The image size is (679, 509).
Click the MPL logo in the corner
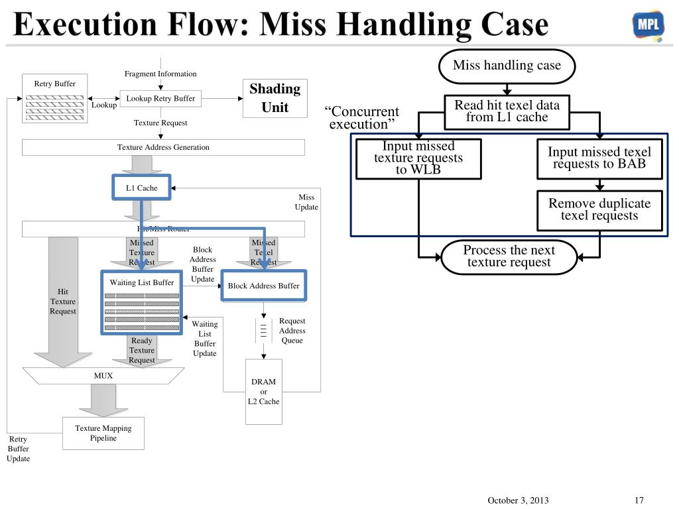[x=648, y=26]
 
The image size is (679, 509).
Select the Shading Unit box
[x=275, y=98]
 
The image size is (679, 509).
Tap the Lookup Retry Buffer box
[x=160, y=99]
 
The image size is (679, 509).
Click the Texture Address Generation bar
[x=163, y=147]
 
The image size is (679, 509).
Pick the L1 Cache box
[x=142, y=188]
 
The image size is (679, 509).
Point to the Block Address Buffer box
[x=263, y=286]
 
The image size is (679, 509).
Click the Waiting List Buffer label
[x=142, y=283]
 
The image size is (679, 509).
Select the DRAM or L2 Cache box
[x=263, y=392]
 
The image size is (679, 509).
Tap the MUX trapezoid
[x=103, y=376]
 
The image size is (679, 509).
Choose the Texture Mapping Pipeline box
[x=103, y=433]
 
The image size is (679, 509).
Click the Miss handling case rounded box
[x=507, y=66]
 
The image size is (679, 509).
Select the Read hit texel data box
[x=507, y=111]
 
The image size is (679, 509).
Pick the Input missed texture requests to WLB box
[x=418, y=158]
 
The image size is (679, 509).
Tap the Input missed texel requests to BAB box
[x=599, y=158]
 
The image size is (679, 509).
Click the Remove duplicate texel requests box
[x=599, y=209]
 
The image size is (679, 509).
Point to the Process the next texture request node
[x=509, y=256]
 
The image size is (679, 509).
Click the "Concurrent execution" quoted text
[x=362, y=118]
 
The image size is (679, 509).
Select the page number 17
[x=639, y=500]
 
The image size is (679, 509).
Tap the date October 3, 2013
[x=518, y=500]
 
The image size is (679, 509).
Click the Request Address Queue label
[x=292, y=331]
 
